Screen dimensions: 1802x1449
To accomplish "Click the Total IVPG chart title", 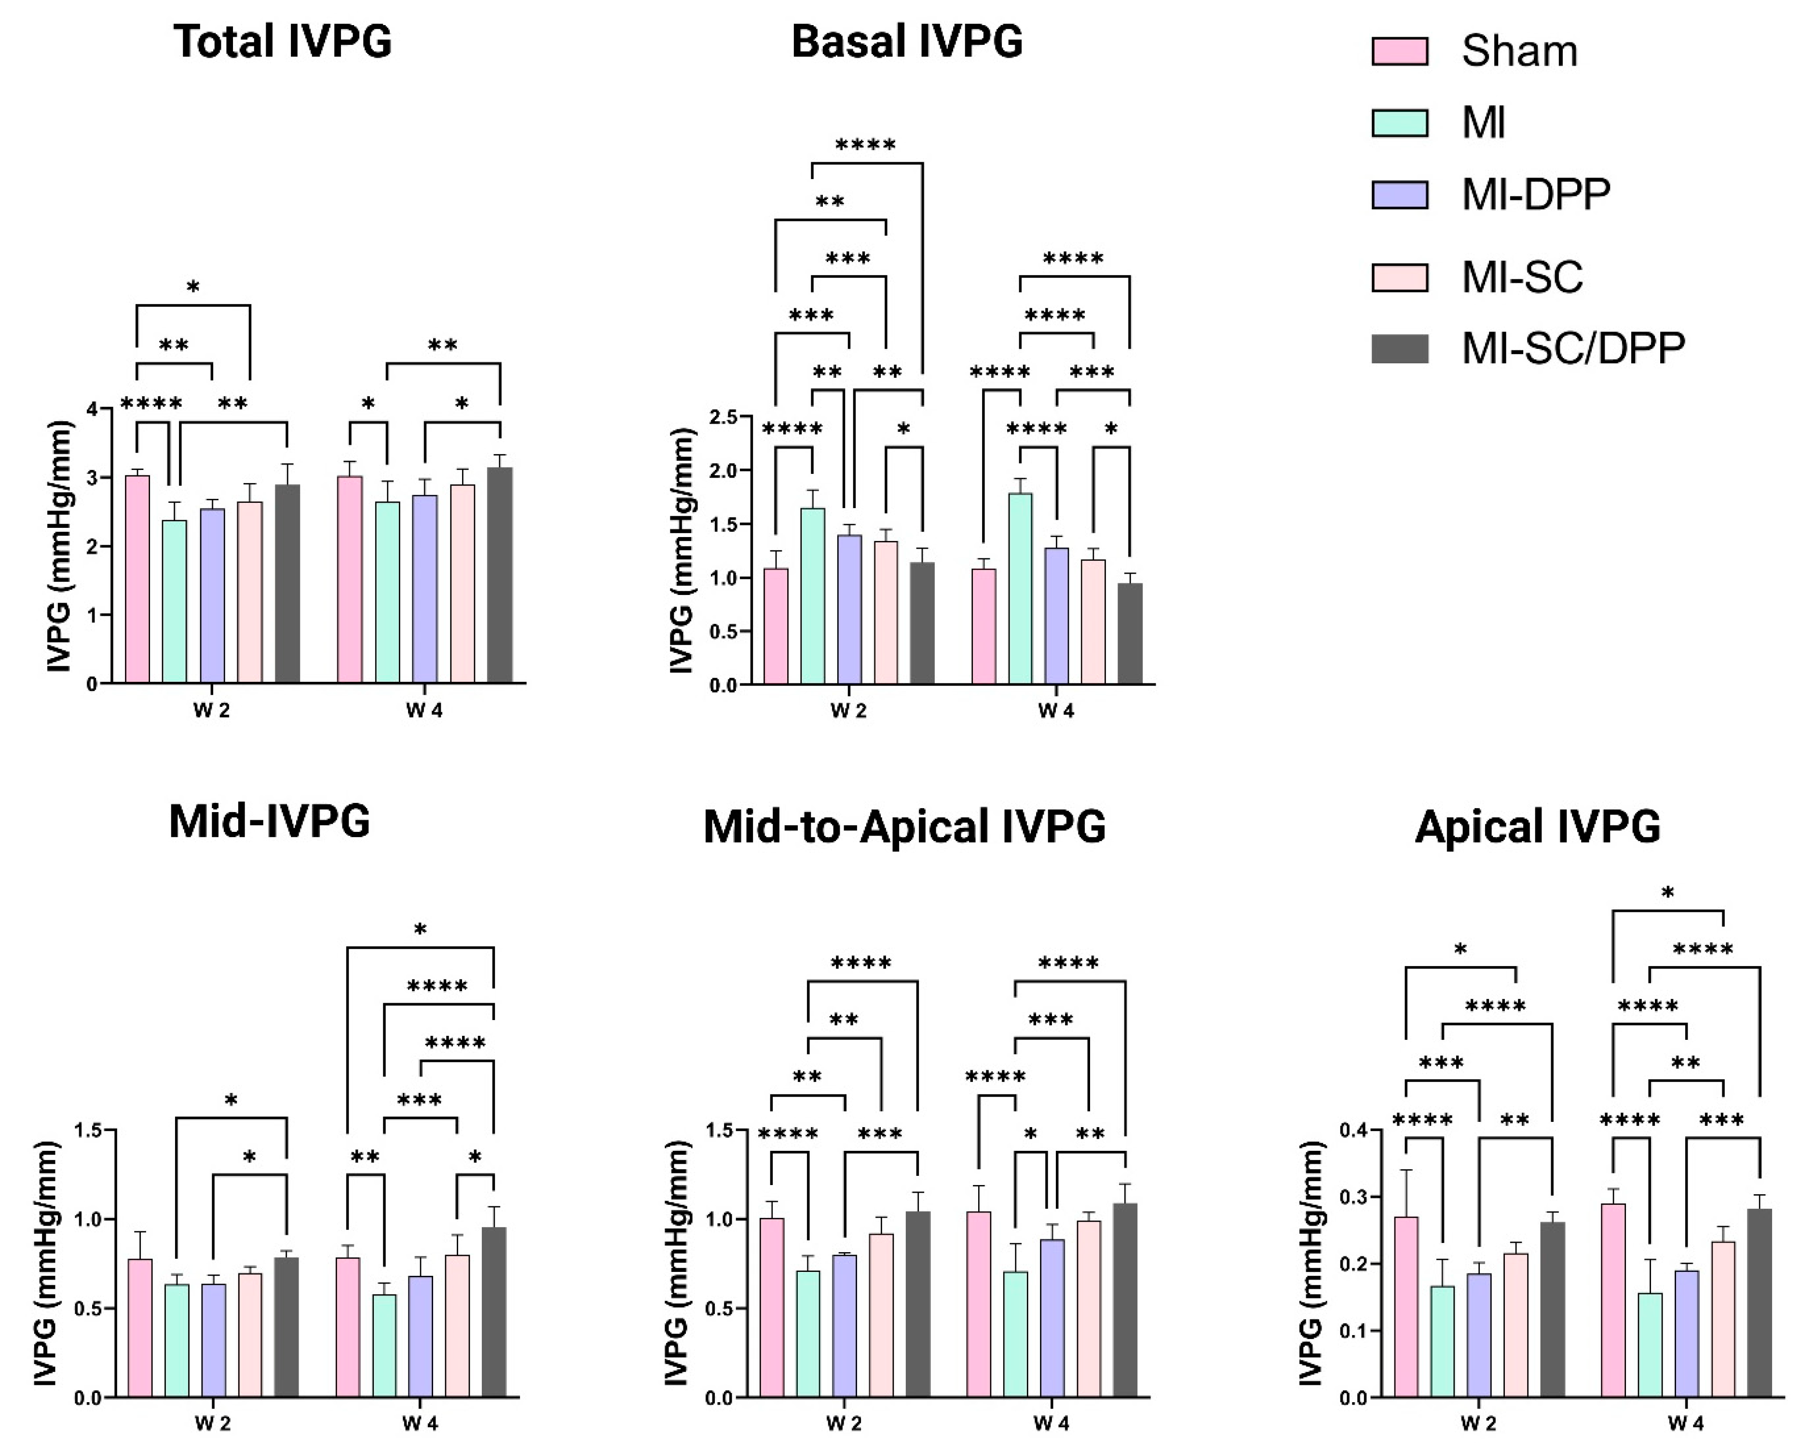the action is pyautogui.click(x=283, y=42).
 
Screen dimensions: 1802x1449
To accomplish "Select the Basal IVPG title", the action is pyautogui.click(x=907, y=42).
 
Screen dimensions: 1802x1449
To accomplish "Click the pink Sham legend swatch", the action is pyautogui.click(x=1400, y=51).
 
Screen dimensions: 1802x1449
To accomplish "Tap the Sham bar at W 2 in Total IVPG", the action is pyautogui.click(x=137, y=580).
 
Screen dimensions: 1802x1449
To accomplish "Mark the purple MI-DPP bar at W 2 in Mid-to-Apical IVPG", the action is pyautogui.click(x=844, y=1326).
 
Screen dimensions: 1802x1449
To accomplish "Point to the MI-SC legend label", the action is pyautogui.click(x=1522, y=277).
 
